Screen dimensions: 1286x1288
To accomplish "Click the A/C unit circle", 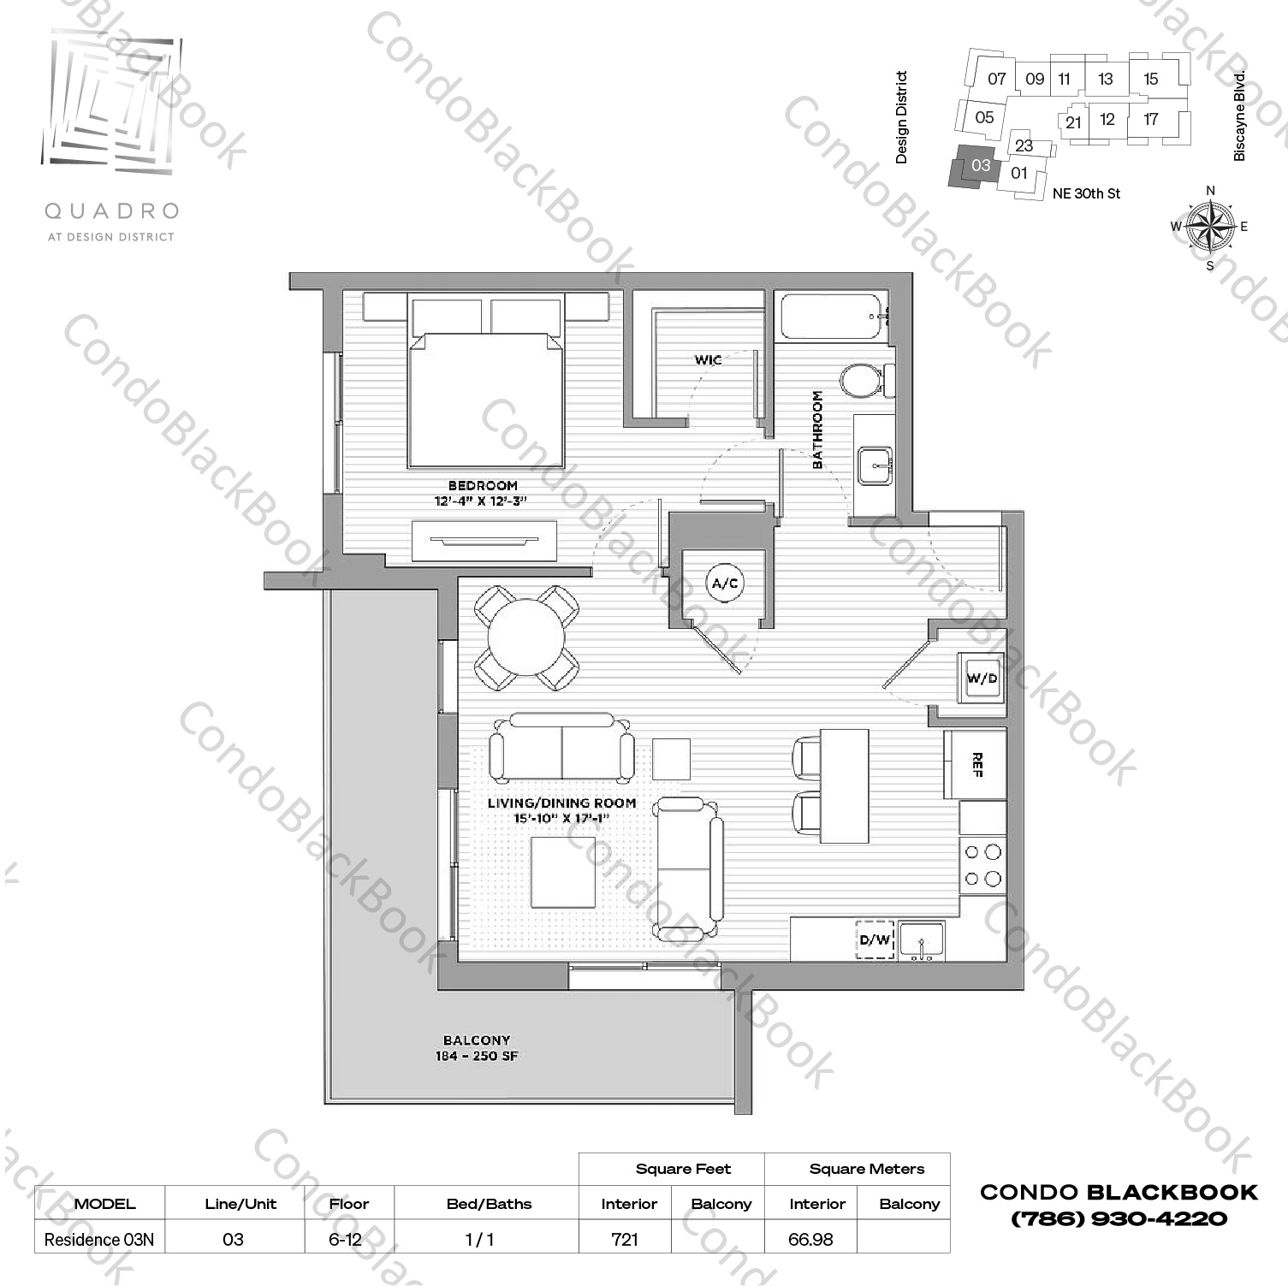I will coord(725,584).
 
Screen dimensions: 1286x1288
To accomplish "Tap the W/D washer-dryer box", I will coord(982,679).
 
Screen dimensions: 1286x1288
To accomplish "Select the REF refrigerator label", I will coord(976,765).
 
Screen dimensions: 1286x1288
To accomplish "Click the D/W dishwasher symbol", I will coord(875,939).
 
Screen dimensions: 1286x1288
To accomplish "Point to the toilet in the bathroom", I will coord(861,380).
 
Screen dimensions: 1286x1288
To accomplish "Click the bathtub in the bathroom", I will coord(831,317).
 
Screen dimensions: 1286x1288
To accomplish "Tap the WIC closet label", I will coord(708,360).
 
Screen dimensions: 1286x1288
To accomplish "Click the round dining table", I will coord(526,638).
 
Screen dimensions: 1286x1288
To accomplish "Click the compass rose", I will coord(1210,227).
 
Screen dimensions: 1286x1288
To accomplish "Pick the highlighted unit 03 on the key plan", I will coord(979,166).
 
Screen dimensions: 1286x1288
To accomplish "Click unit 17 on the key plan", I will coord(1151,119).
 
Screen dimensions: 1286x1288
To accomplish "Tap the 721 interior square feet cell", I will coord(626,1239).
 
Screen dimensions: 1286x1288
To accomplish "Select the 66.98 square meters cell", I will coord(810,1239).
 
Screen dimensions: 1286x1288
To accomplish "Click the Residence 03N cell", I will coord(99,1239).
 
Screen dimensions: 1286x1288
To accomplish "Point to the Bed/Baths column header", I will coord(489,1204).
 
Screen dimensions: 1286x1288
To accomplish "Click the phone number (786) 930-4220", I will coord(1119,1218).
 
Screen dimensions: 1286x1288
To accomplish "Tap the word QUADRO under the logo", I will coord(111,210).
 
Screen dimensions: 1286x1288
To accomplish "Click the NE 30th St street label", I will coord(1086,193).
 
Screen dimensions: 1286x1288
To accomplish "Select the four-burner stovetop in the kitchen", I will coord(982,865).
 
